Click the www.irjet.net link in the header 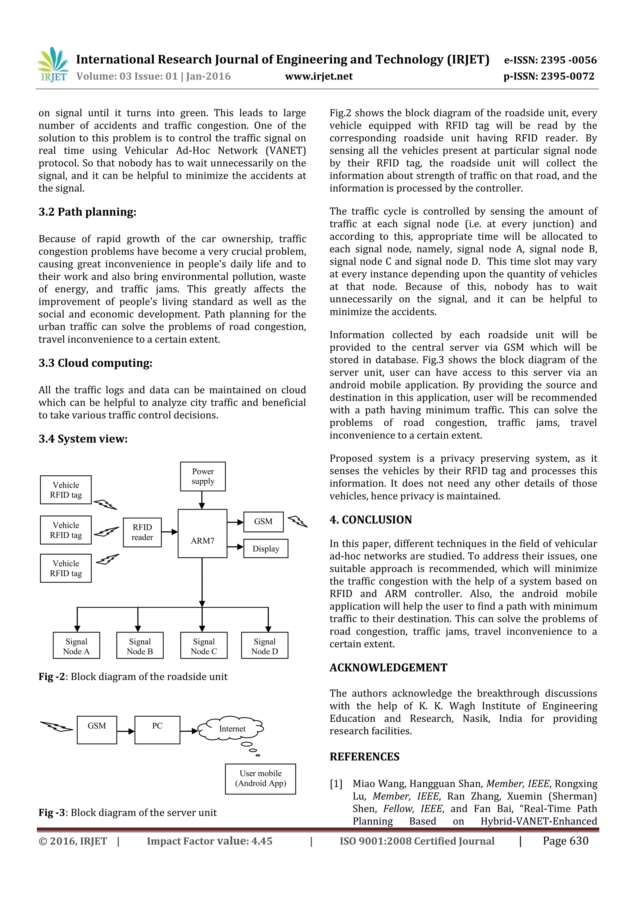click(x=319, y=76)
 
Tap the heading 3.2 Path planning click(x=87, y=212)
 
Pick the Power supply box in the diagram click(x=202, y=476)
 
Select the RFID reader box click(x=142, y=532)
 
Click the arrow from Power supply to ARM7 click(x=202, y=500)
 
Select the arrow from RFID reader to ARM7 click(x=169, y=532)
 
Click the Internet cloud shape click(x=232, y=729)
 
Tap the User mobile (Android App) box click(x=260, y=779)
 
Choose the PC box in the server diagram click(x=157, y=730)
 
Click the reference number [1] click(x=336, y=784)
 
